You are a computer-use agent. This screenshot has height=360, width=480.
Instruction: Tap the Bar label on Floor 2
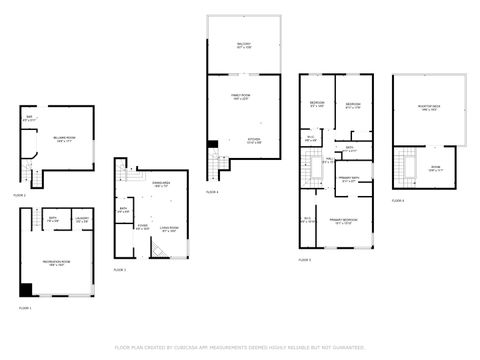click(29, 119)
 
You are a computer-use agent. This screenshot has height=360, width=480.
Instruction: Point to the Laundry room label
click(82, 219)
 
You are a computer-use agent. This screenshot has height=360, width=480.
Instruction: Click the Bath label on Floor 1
click(51, 219)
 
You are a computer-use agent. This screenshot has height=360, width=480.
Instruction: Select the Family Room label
click(244, 96)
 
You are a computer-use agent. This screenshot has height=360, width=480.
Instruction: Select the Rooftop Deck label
click(429, 111)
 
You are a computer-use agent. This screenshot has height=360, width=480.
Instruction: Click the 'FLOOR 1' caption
click(26, 309)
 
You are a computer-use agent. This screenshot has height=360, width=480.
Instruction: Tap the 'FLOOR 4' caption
click(212, 191)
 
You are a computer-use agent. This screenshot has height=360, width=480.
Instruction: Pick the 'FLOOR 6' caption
click(398, 201)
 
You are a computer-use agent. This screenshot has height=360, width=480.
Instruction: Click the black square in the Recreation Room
click(26, 291)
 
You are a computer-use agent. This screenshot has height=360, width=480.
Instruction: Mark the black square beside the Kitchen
click(212, 146)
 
